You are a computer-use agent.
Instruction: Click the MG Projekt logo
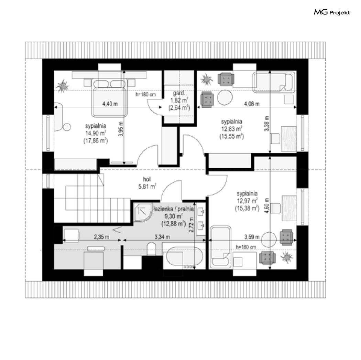(332, 12)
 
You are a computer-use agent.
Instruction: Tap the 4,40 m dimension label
(110, 104)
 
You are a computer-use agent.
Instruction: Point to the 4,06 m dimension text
(252, 104)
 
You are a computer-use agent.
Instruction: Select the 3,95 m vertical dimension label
(121, 129)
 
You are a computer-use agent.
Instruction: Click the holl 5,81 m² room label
(147, 183)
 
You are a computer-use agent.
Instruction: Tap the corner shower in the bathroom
(143, 212)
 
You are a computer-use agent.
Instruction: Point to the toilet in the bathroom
(151, 249)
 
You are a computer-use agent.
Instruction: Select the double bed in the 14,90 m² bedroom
(109, 98)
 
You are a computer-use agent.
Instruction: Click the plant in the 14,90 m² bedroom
(62, 86)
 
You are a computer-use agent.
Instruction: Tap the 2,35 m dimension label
(101, 237)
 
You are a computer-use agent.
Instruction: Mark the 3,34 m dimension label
(162, 237)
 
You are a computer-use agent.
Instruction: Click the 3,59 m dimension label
(252, 237)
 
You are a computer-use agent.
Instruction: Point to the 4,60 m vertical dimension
(267, 205)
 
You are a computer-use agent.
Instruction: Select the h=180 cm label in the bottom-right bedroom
(246, 247)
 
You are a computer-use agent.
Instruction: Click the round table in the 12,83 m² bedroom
(225, 97)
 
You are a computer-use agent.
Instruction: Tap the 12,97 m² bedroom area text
(247, 201)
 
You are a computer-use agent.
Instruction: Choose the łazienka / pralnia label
(173, 209)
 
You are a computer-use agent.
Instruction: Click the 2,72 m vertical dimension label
(191, 225)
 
